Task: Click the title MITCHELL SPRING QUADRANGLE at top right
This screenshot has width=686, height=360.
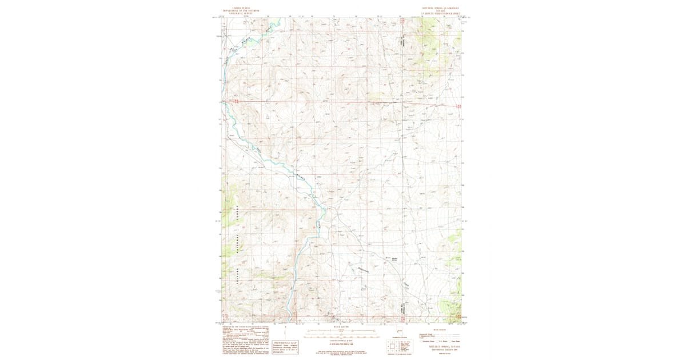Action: [440, 8]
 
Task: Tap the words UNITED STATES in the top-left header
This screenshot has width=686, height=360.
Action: [240, 8]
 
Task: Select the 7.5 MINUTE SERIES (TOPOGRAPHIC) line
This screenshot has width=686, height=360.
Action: [440, 13]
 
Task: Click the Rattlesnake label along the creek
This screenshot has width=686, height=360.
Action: [362, 270]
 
